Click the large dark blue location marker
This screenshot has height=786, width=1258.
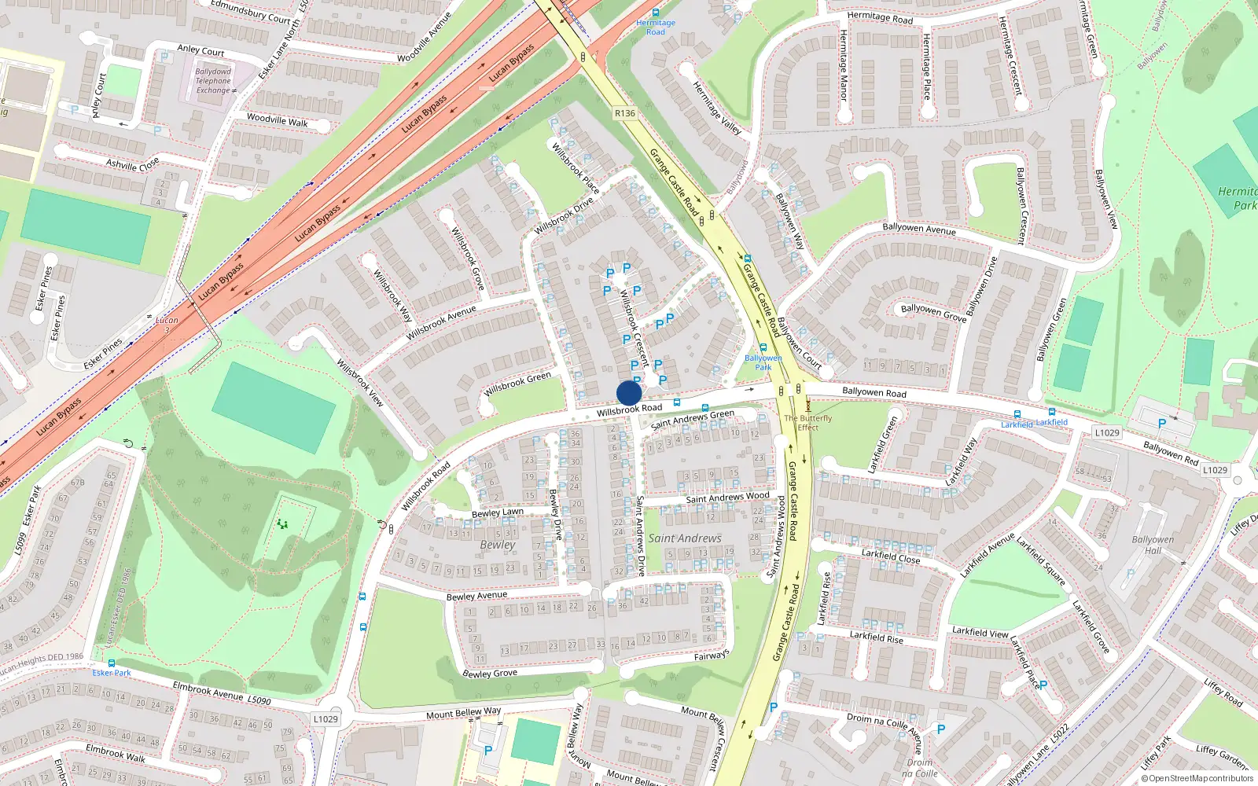pos(629,393)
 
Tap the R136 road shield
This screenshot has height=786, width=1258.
pos(624,113)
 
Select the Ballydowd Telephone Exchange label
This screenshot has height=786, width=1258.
pos(213,81)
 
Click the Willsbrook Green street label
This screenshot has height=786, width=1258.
pos(517,384)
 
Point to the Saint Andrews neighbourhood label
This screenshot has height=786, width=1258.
pos(684,538)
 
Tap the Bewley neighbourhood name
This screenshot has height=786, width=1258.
pos(498,545)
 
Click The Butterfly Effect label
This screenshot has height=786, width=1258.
pos(807,423)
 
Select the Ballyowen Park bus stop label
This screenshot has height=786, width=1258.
pos(763,362)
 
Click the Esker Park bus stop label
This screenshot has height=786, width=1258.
pos(112,673)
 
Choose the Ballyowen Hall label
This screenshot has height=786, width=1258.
pos(1152,545)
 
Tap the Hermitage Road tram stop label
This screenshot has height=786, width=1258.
pos(656,28)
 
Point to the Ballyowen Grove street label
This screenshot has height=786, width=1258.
pos(933,312)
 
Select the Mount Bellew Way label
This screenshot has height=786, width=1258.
pos(463,713)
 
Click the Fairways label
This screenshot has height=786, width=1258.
pos(712,655)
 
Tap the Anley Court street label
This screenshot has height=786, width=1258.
pos(200,50)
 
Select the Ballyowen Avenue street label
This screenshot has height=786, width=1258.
pos(919,229)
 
